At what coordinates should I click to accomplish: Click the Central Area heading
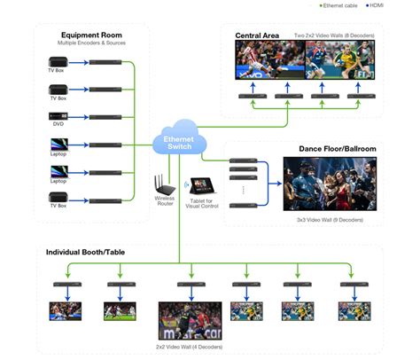tap(257, 35)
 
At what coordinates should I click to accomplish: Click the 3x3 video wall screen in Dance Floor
tap(324, 184)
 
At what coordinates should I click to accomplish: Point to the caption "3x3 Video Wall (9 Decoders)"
tap(324, 218)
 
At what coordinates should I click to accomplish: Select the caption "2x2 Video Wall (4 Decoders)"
tap(190, 346)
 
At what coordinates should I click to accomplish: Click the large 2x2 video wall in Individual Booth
tap(190, 320)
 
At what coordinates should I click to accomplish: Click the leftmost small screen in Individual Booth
tap(65, 311)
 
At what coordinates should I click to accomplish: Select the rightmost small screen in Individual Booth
tap(354, 310)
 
